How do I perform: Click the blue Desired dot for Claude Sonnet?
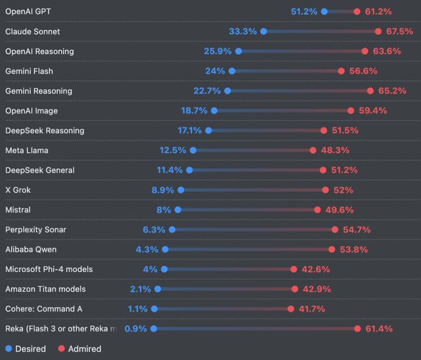263,31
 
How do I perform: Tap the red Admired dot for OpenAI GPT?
357,11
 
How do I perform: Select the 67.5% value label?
399,31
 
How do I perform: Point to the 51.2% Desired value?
304,11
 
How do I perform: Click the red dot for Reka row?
357,329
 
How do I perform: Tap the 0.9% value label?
136,329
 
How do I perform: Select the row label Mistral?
18,210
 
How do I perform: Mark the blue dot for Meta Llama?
193,150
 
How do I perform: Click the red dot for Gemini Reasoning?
371,91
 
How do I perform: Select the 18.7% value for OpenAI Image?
194,111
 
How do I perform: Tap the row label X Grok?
18,190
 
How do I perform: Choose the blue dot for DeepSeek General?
189,170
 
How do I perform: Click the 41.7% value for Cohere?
311,309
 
